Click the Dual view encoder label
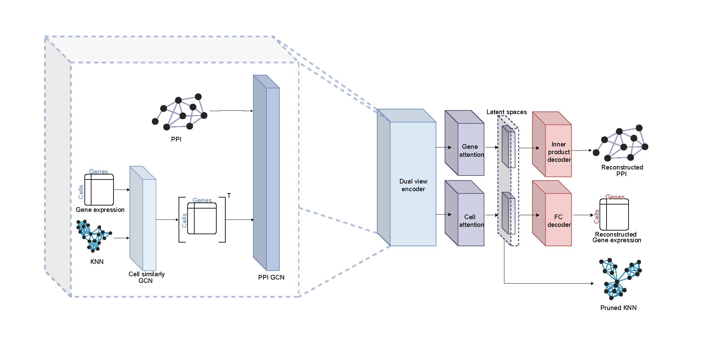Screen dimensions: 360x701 click(x=413, y=185)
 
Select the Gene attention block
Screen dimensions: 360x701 click(x=471, y=150)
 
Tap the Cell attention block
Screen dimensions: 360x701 click(x=471, y=220)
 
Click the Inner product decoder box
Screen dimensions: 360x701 click(x=558, y=152)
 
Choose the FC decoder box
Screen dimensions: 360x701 click(x=558, y=221)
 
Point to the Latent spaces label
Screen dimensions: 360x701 click(x=506, y=112)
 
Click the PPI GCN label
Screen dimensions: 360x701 click(x=271, y=277)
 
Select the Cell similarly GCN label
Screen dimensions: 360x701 click(x=146, y=277)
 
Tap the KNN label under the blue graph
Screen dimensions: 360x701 click(x=97, y=262)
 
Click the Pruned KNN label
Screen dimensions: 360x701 click(x=618, y=308)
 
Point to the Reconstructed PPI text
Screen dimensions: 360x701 click(x=622, y=170)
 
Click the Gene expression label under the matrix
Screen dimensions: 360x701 click(x=100, y=210)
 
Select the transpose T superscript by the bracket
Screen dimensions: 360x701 click(x=229, y=196)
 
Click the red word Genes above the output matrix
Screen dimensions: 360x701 click(x=615, y=197)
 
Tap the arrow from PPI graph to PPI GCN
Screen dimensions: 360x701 click(x=231, y=110)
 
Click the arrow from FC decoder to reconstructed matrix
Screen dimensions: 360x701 click(x=583, y=215)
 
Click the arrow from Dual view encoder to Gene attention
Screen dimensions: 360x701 click(x=444, y=147)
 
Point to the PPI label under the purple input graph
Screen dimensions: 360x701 click(x=176, y=139)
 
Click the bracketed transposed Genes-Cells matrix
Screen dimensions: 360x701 click(x=202, y=219)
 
